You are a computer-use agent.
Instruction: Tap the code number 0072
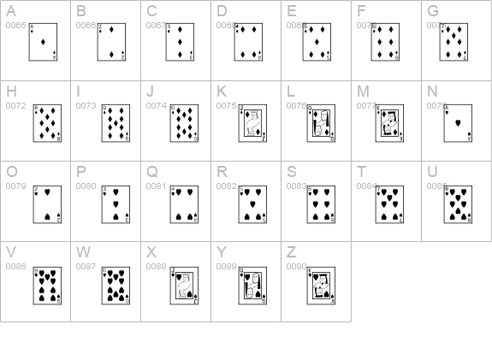tap(15, 105)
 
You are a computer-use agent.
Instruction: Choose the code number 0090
tap(296, 267)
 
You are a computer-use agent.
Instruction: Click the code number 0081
tap(156, 186)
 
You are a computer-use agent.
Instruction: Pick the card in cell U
tap(457, 204)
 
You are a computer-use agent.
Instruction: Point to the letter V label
tap(11, 251)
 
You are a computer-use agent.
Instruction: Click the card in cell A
tap(42, 43)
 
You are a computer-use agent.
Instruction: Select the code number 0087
tap(86, 267)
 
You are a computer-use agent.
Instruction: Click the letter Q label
tap(151, 171)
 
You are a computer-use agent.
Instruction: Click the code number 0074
tap(156, 105)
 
